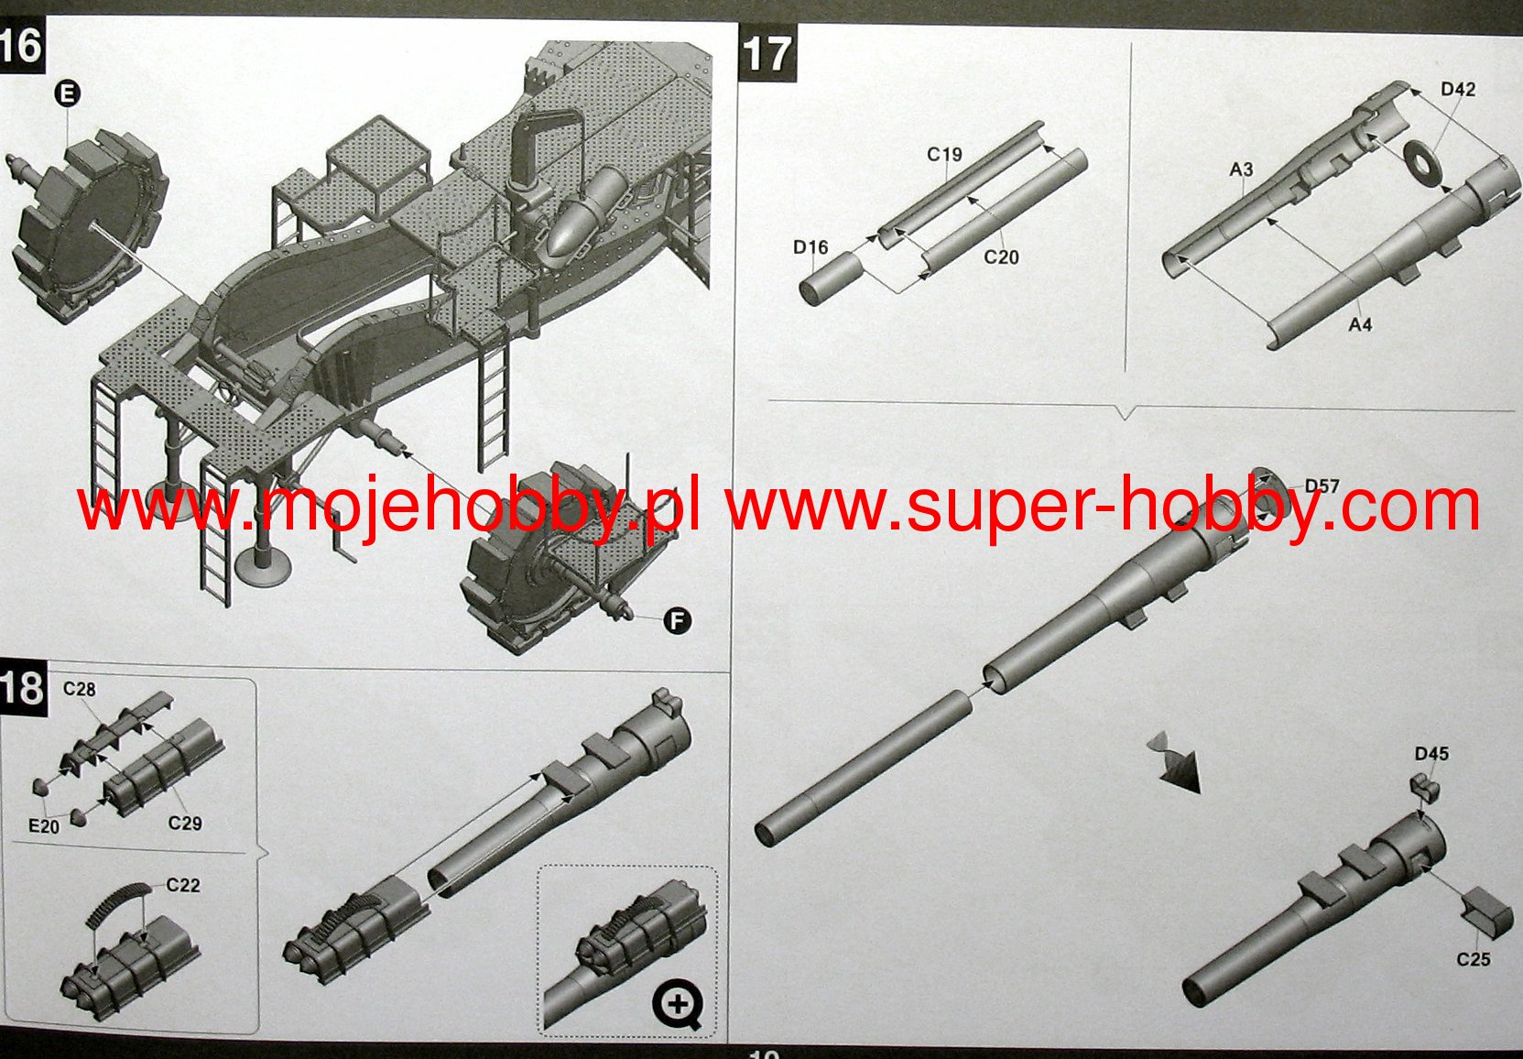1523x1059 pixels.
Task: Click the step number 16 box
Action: click(x=22, y=46)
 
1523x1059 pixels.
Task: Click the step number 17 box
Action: click(x=767, y=52)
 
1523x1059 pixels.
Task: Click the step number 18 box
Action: click(x=23, y=688)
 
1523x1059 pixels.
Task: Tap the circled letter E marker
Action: click(x=67, y=93)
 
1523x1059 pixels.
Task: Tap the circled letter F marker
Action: click(x=677, y=621)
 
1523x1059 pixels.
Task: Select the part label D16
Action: click(x=810, y=247)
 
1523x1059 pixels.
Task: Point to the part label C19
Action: click(x=944, y=155)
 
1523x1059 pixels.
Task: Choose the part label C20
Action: click(x=1002, y=257)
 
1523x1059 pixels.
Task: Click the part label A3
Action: click(x=1241, y=169)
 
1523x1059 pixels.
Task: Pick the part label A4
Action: click(x=1361, y=325)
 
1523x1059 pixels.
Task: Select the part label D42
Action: click(x=1458, y=89)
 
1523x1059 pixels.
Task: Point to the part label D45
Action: click(x=1431, y=754)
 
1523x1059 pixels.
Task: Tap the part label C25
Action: click(x=1474, y=959)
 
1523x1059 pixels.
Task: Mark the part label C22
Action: click(x=183, y=885)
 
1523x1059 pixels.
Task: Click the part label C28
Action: click(x=80, y=689)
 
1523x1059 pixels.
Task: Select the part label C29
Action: click(x=185, y=823)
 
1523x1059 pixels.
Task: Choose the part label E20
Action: click(x=44, y=826)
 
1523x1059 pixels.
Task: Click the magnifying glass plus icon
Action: click(x=678, y=1005)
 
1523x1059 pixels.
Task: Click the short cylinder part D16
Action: click(x=831, y=278)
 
